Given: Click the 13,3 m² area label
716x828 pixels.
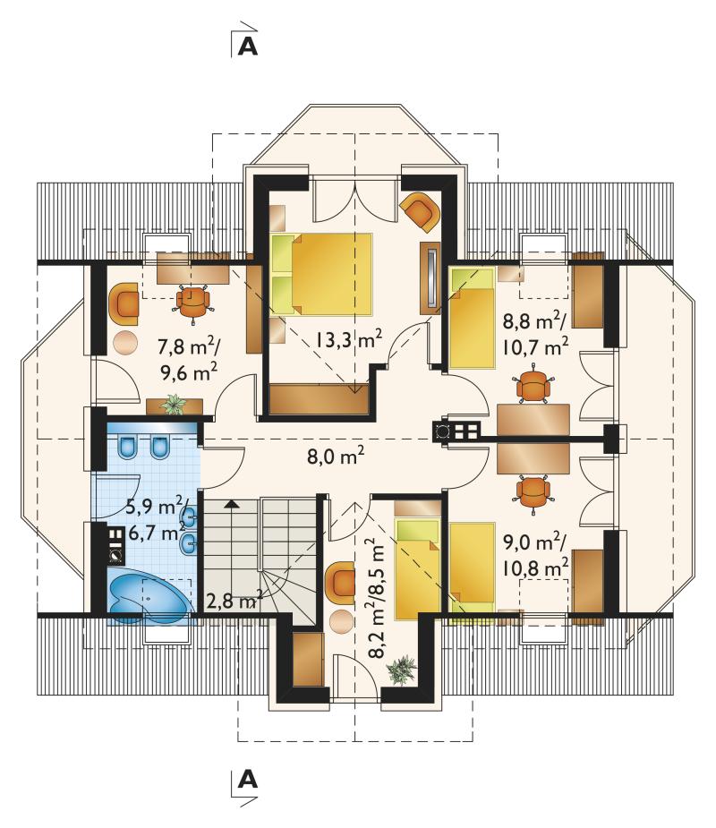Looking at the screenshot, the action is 349,338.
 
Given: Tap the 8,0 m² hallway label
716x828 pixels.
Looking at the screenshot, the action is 336,456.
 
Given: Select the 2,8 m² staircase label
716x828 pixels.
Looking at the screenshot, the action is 234,601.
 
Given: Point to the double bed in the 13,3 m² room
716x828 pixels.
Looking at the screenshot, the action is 321,274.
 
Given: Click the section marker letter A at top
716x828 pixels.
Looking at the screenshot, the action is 248,46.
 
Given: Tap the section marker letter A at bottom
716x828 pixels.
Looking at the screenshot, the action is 248,779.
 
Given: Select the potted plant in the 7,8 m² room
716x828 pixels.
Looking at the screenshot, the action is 174,405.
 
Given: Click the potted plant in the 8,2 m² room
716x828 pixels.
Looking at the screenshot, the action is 402,670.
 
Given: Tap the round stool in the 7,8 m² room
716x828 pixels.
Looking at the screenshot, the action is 125,343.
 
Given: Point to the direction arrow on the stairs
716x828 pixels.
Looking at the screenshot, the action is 230,504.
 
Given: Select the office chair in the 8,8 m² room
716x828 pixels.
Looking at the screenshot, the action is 534,387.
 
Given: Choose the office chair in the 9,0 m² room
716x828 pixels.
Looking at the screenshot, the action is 533,492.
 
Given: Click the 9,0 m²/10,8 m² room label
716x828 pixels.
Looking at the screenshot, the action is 535,555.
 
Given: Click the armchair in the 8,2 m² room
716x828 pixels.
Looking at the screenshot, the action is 339,582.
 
